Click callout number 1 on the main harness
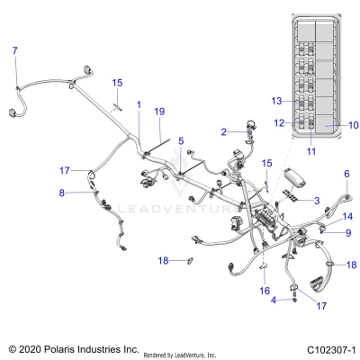139,105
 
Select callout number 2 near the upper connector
224,132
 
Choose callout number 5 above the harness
180,140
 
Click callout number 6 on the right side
346,174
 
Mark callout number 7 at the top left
13,50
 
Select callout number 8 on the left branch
61,193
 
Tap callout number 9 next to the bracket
347,233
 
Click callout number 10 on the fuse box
328,125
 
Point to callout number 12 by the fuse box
279,122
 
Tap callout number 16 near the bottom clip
265,291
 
